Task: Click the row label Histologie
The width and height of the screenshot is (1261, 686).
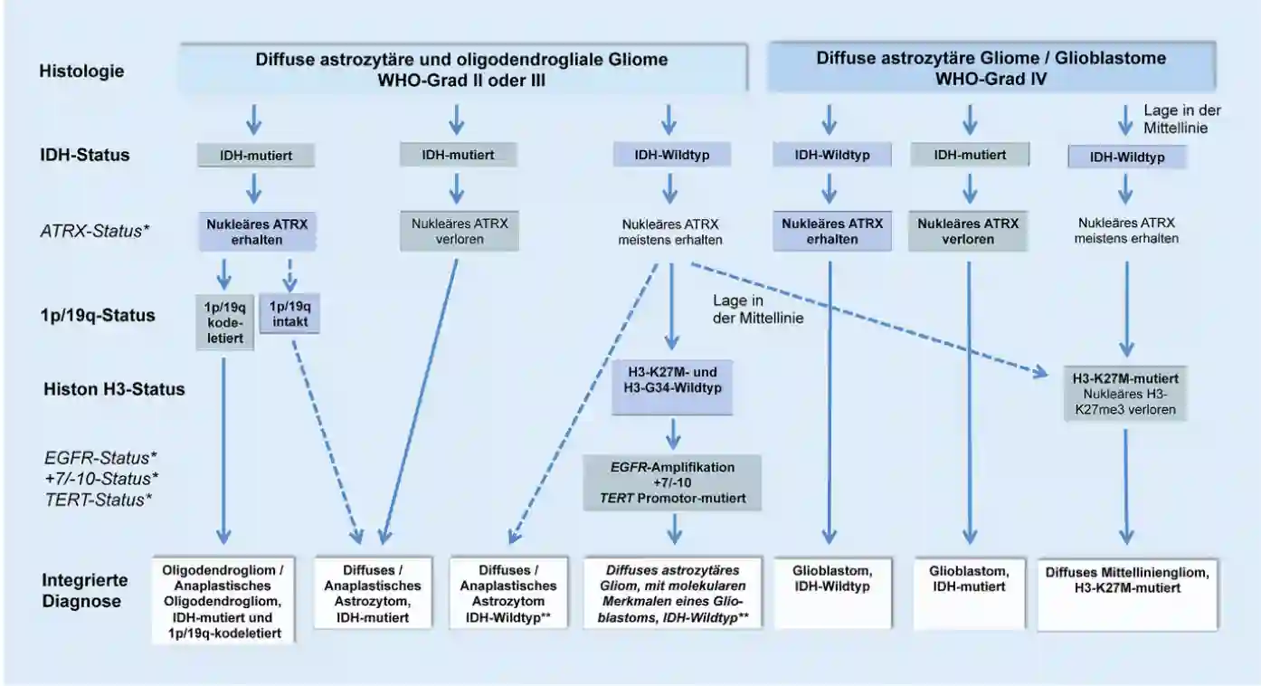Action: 82,70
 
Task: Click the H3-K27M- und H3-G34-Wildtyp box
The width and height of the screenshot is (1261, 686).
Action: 670,387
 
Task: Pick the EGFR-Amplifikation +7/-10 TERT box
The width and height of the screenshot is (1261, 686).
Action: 673,483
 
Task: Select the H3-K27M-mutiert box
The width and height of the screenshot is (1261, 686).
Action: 1125,393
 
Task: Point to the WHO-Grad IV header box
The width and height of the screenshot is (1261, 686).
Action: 991,69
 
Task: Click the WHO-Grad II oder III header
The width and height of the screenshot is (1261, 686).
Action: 461,69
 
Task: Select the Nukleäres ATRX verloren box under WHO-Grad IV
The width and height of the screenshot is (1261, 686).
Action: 968,231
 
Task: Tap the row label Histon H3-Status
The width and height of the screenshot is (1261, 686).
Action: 114,389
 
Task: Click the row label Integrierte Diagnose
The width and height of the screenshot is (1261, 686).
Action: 85,589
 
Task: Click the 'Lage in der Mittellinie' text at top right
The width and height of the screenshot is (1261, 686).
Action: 1182,119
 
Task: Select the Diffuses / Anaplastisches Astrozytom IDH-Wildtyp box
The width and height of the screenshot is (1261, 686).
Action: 507,592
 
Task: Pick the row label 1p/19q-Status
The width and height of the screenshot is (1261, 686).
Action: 97,315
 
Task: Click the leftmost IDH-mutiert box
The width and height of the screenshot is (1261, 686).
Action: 257,155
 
